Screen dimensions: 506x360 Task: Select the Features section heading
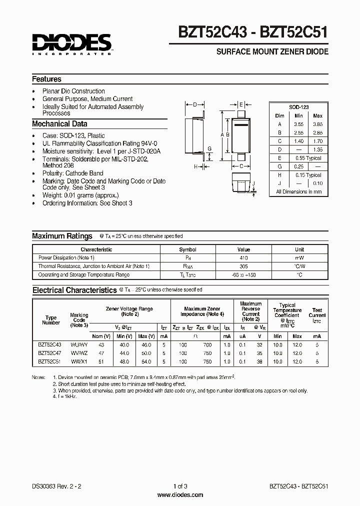tap(47, 79)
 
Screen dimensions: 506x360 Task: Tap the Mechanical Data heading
tap(59, 124)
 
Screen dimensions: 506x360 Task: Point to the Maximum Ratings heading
tap(62, 236)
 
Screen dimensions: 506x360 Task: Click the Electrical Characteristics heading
tap(74, 290)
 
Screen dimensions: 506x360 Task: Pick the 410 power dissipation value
tap(243, 257)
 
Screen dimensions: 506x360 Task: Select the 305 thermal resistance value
tap(243, 266)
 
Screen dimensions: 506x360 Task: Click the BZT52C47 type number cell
tap(49, 352)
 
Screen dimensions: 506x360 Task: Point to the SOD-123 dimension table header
tap(298, 107)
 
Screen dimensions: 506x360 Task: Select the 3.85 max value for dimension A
tap(317, 123)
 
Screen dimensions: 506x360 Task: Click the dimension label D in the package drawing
tap(195, 105)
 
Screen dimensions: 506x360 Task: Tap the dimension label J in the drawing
tap(253, 183)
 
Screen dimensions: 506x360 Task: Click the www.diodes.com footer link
tap(180, 495)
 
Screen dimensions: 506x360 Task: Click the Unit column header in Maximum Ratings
tap(299, 249)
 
